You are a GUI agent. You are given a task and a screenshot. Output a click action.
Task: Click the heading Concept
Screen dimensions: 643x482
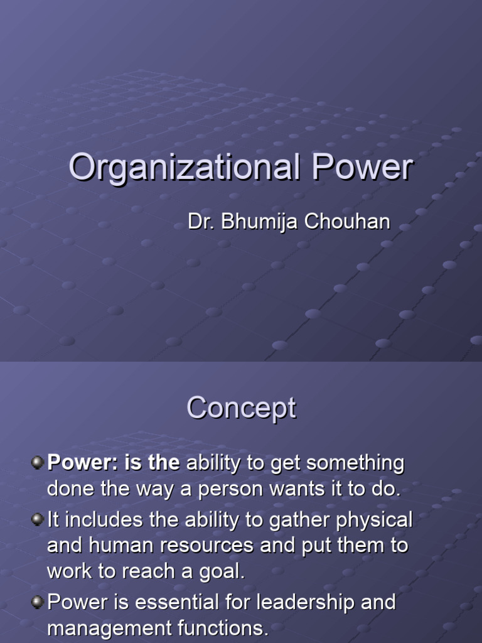241,409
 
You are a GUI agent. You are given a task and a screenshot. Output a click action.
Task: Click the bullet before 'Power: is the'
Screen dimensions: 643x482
38,463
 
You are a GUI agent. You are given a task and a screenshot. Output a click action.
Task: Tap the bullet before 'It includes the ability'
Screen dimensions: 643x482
38,519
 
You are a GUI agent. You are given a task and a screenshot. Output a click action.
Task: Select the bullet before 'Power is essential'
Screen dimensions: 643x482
38,602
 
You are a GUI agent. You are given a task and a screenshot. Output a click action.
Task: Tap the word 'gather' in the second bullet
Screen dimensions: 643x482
295,520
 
